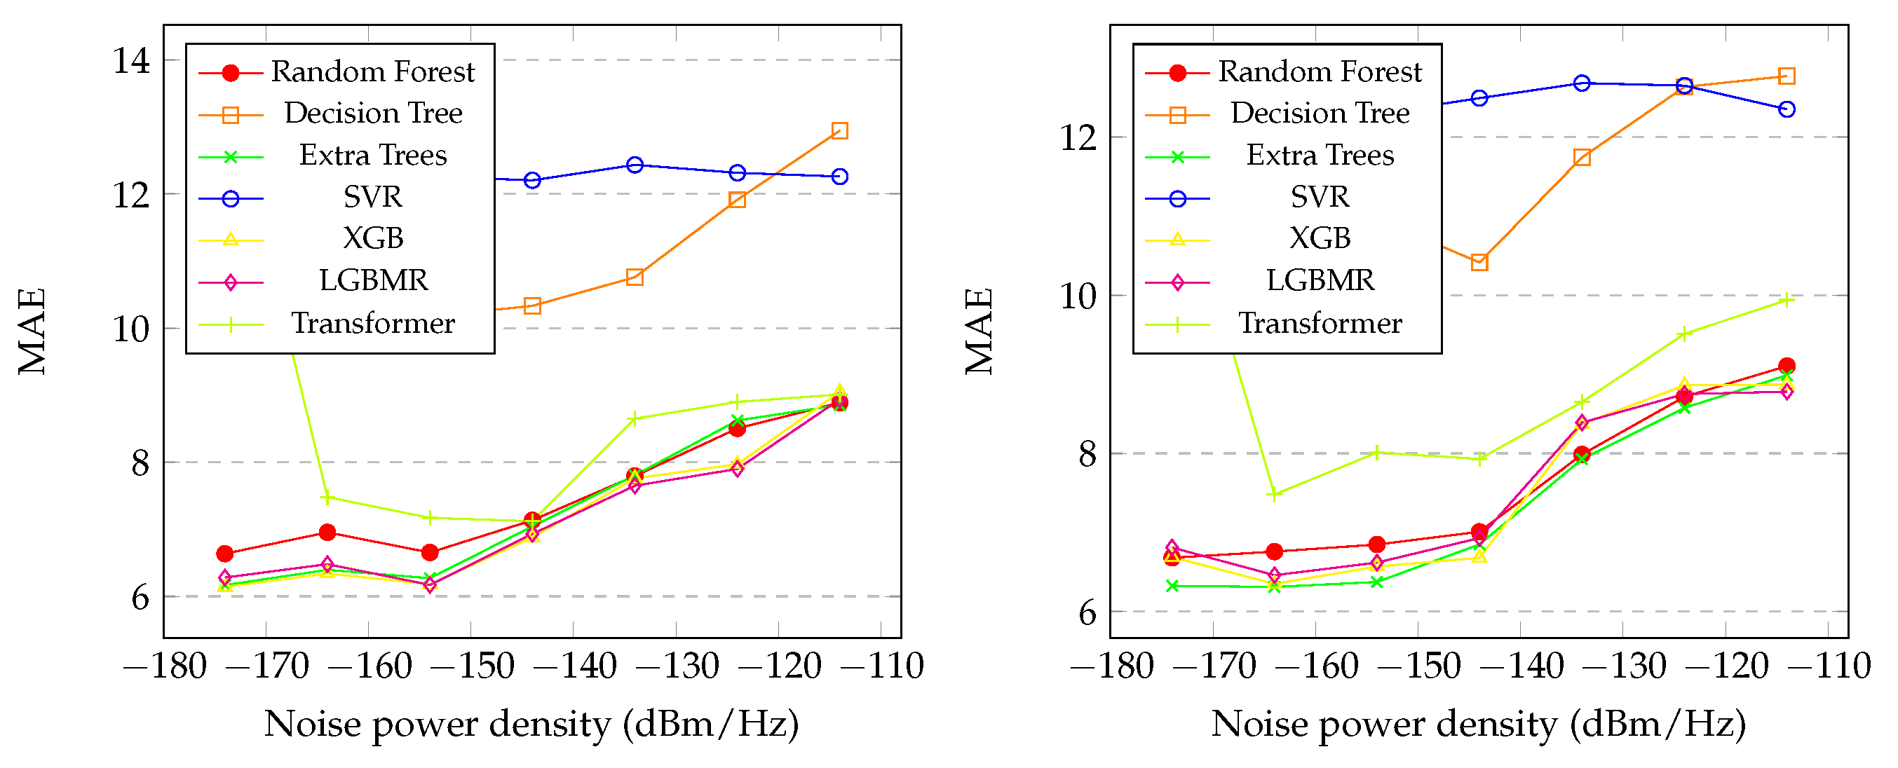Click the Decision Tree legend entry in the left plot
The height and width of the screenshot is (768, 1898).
click(x=373, y=114)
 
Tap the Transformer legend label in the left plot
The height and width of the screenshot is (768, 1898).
click(x=373, y=323)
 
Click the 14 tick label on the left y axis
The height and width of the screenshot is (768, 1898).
click(x=131, y=60)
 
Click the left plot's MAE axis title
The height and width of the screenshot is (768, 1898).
click(x=32, y=331)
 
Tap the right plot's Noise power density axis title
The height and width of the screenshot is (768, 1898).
click(x=1478, y=725)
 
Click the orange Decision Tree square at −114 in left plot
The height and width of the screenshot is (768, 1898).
click(x=839, y=131)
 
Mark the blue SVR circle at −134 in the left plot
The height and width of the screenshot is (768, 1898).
click(x=635, y=165)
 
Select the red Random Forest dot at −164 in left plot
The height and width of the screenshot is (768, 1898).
click(x=328, y=533)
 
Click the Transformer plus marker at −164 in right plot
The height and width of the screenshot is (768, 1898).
click(x=1274, y=495)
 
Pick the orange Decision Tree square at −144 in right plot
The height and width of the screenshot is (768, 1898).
click(x=1479, y=262)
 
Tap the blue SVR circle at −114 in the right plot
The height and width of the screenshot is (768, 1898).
click(x=1786, y=110)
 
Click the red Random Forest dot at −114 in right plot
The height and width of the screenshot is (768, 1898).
click(x=1786, y=366)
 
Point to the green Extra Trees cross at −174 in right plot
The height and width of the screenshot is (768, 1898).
click(x=1172, y=586)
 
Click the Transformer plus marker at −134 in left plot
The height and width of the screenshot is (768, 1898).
click(x=635, y=419)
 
